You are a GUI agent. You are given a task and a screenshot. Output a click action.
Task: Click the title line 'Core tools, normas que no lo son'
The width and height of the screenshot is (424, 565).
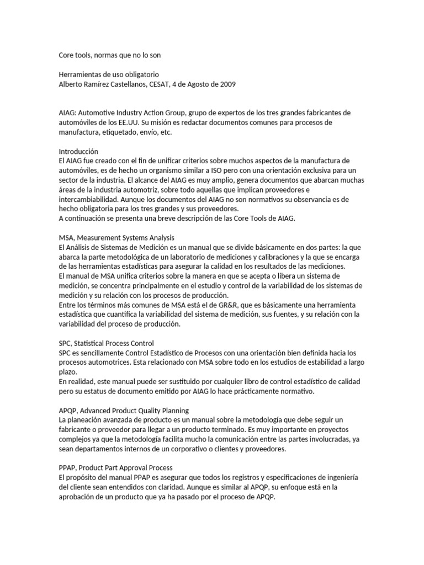pyautogui.click(x=110, y=55)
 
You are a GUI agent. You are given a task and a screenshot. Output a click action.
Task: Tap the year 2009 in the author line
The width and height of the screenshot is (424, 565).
pyautogui.click(x=227, y=84)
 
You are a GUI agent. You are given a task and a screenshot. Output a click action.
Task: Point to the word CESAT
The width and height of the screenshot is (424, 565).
pyautogui.click(x=161, y=84)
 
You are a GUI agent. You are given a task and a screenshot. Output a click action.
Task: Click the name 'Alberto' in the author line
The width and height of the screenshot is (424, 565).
pyautogui.click(x=72, y=84)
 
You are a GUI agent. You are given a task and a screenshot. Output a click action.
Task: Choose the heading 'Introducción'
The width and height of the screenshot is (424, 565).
pyautogui.click(x=78, y=151)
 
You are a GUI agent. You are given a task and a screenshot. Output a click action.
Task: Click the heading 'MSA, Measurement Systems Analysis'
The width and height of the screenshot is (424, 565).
pyautogui.click(x=116, y=238)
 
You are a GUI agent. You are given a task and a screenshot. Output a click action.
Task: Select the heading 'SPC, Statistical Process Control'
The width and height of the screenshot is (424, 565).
pyautogui.click(x=107, y=343)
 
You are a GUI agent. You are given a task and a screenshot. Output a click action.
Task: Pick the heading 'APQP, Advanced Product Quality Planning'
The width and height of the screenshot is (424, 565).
pyautogui.click(x=124, y=411)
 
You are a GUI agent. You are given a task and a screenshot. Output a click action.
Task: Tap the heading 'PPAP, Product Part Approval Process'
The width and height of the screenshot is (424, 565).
pyautogui.click(x=116, y=468)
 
